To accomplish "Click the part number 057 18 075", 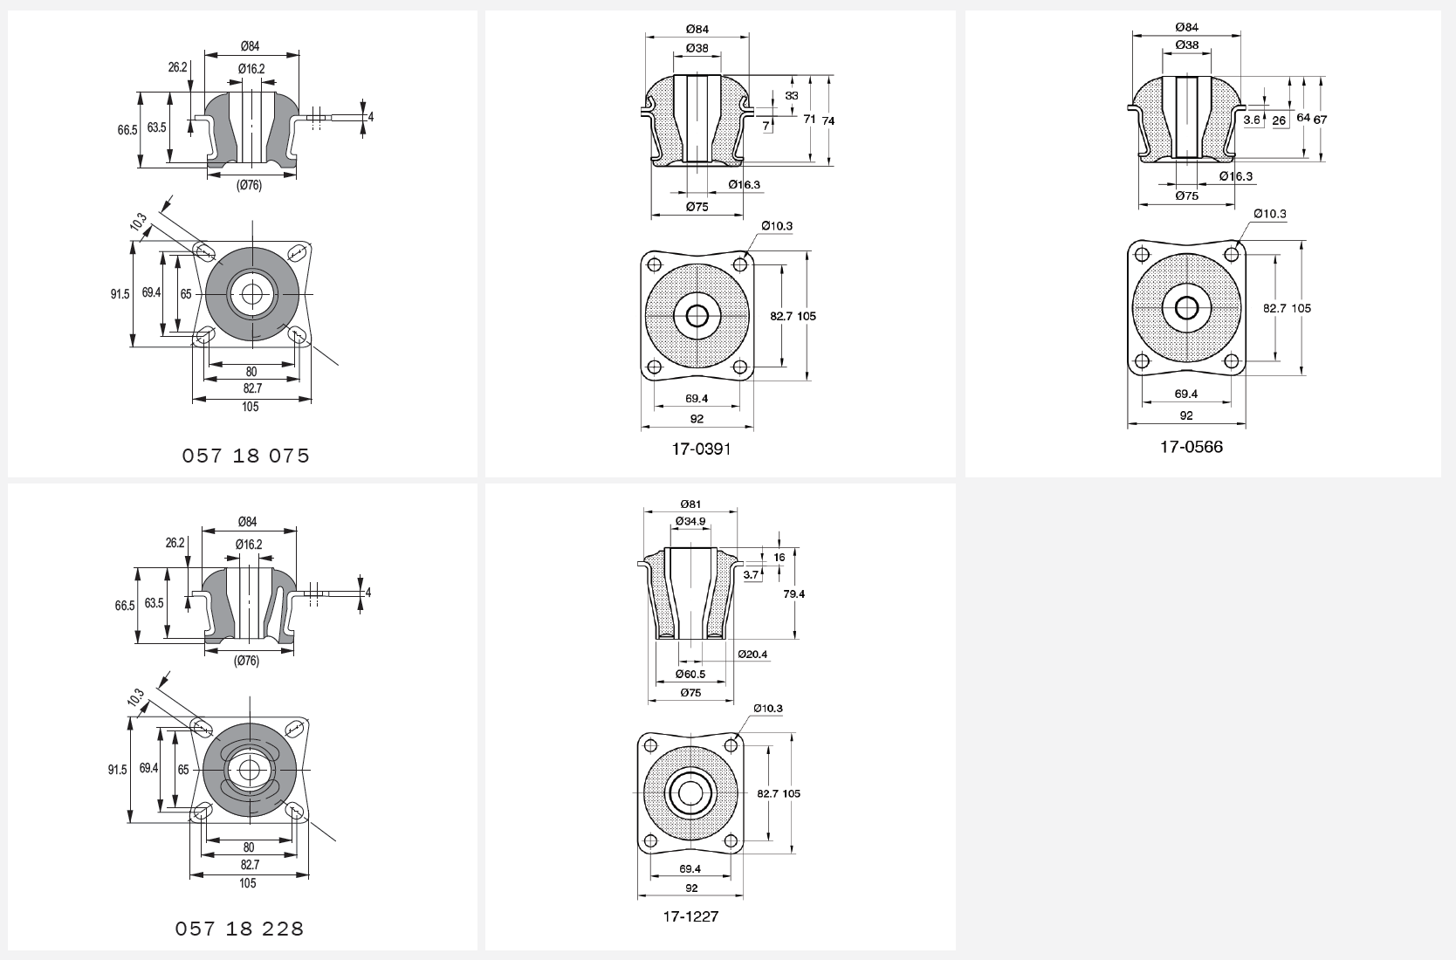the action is pos(245,456).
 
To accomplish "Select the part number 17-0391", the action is pos(701,449).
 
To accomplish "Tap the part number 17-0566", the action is pos(1192,447).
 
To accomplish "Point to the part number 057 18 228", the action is pos(240,929).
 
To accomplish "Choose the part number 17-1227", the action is pos(691,916).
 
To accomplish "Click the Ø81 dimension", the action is pos(690,504).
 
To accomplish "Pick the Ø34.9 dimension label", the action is pos(690,521).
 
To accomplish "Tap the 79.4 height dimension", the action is pos(794,593).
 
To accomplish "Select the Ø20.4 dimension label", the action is pos(753,654).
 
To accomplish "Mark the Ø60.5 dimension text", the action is pos(690,674).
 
